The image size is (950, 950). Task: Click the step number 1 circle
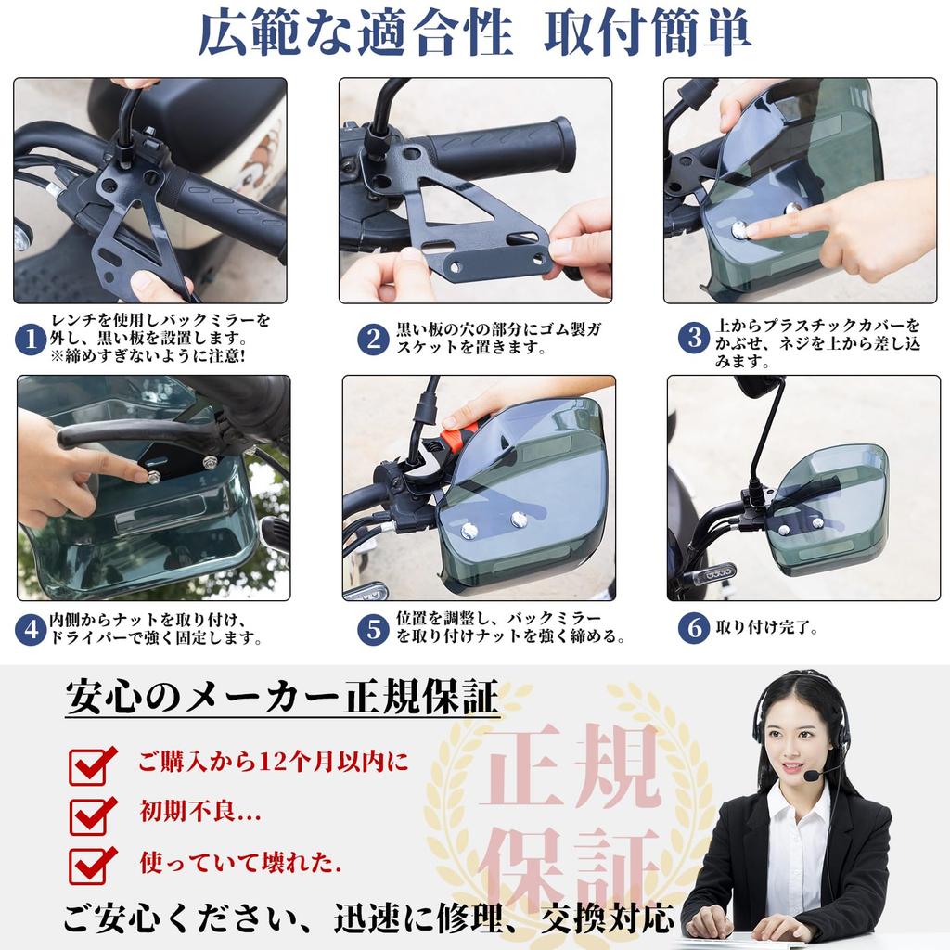(31, 340)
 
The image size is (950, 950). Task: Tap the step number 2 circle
(373, 340)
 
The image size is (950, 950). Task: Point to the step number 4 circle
(31, 630)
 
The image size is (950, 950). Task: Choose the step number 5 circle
(373, 630)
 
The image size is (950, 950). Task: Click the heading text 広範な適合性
(355, 35)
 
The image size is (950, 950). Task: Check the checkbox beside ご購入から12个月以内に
(93, 765)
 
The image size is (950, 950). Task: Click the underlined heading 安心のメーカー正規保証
(282, 698)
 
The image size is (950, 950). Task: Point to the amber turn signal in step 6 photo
(715, 575)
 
